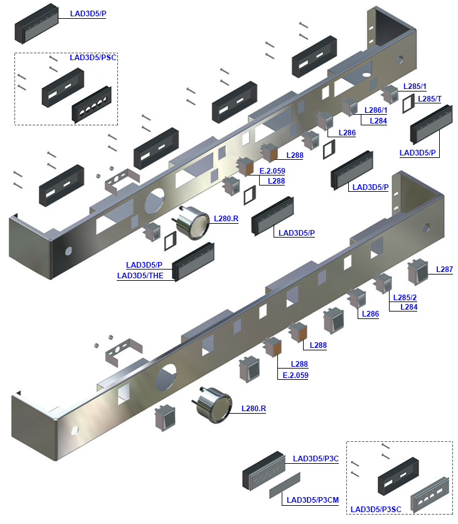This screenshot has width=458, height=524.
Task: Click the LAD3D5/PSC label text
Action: (x=93, y=57)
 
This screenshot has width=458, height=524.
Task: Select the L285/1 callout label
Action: (x=415, y=86)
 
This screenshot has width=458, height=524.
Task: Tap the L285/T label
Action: (x=429, y=99)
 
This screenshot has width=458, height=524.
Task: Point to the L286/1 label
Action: (x=375, y=110)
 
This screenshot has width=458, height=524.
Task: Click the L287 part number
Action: (x=444, y=270)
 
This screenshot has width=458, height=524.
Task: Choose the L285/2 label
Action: (x=405, y=297)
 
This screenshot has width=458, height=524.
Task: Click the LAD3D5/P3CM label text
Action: (x=312, y=500)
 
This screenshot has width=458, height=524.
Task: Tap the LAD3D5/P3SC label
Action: (x=375, y=510)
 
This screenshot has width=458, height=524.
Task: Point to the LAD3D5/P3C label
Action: (x=316, y=459)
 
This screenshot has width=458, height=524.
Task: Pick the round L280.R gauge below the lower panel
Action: (x=213, y=406)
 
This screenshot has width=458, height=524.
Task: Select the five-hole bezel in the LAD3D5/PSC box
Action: (x=93, y=104)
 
